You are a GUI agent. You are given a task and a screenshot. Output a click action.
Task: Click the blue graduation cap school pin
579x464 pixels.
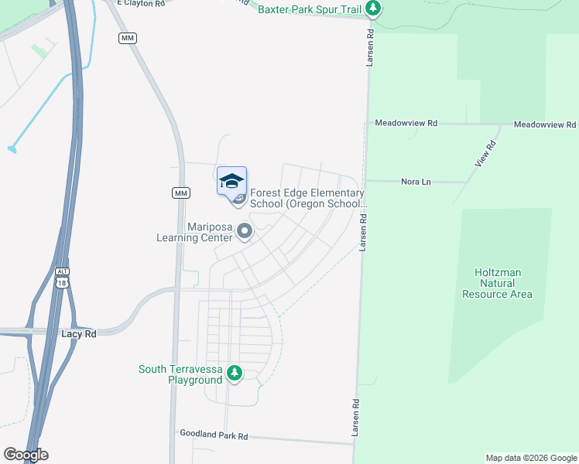(231, 182)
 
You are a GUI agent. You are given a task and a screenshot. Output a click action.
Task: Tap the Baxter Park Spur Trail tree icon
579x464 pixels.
(374, 9)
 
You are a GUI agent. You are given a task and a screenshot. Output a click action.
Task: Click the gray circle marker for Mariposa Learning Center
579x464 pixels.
(245, 231)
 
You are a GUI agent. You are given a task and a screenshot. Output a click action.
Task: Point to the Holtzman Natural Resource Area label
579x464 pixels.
(497, 283)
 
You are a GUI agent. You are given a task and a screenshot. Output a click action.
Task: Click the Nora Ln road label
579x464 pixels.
(416, 182)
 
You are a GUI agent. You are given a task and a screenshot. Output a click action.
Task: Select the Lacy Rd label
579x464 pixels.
(78, 333)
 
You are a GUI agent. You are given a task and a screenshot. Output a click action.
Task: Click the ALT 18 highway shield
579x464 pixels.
(62, 278)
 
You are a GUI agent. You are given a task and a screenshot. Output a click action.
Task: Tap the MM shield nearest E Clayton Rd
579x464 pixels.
(127, 38)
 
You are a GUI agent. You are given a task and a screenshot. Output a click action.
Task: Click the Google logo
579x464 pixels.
(26, 455)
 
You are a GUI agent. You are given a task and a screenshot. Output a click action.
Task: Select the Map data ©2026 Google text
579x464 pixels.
(530, 458)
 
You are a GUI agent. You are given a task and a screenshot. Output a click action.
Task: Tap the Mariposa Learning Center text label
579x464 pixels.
(210, 232)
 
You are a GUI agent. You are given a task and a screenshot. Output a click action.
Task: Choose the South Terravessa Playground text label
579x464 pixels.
(180, 374)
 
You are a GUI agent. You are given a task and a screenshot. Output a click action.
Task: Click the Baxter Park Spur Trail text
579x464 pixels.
(310, 9)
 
